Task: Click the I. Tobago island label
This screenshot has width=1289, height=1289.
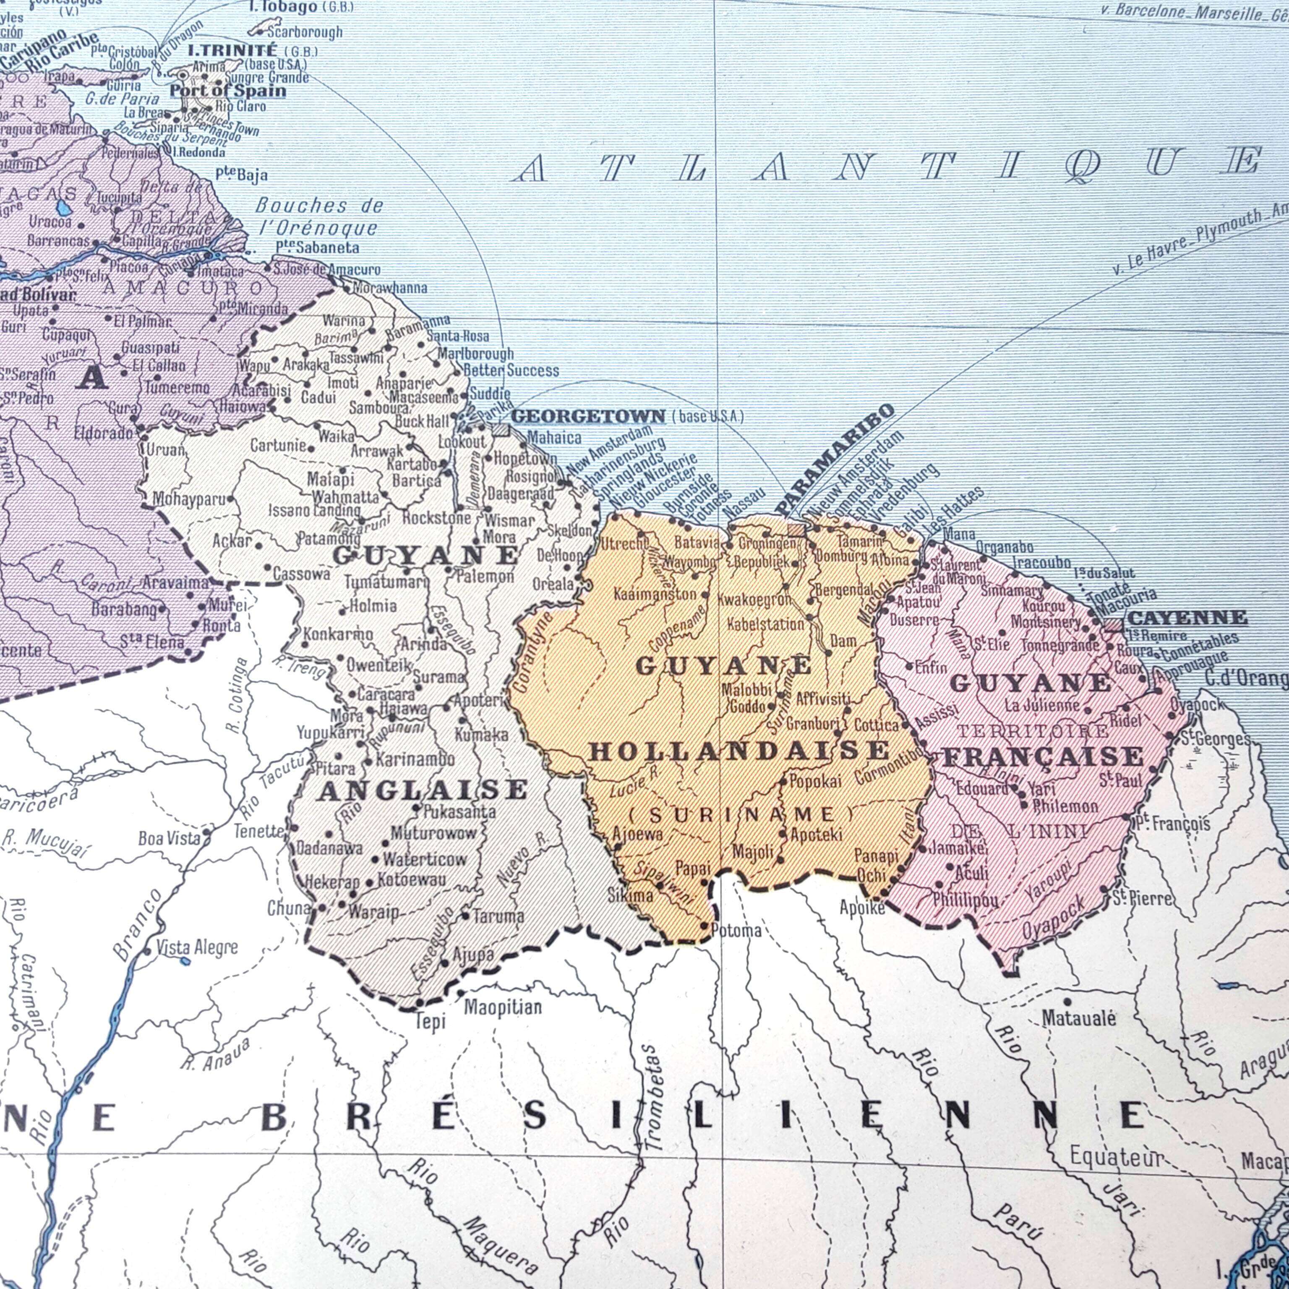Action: coord(282,7)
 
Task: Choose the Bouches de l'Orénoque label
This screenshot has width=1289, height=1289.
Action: coord(319,217)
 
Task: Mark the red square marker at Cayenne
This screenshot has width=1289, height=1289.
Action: coord(1113,625)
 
